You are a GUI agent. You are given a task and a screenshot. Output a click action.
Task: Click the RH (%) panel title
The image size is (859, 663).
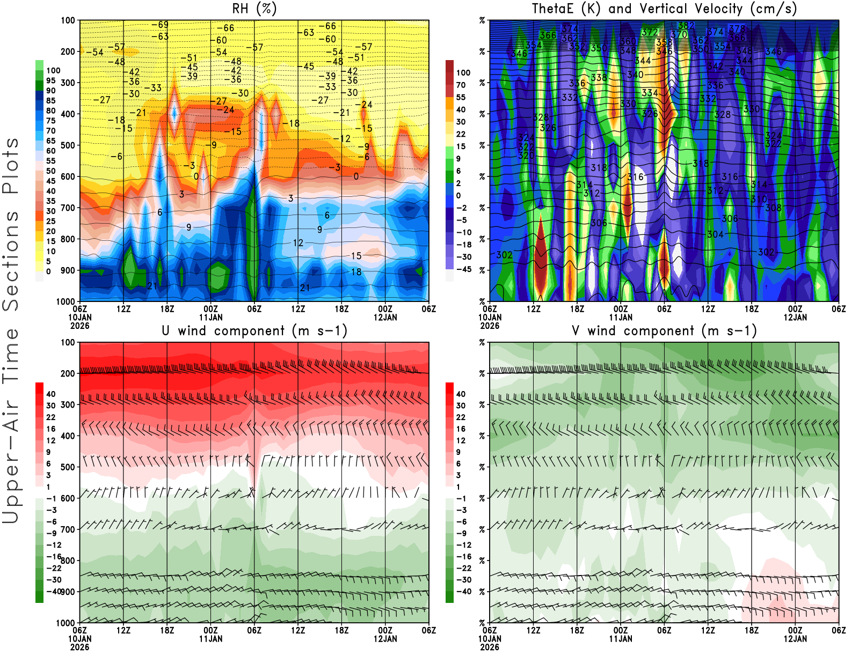254,9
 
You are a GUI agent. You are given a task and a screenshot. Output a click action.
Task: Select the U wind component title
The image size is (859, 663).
254,331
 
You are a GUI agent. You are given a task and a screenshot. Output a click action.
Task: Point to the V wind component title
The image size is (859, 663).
664,331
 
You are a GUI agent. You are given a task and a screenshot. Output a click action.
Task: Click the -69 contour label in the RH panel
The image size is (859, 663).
159,25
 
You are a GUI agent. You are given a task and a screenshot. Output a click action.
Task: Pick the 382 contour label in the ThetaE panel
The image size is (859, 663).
686,25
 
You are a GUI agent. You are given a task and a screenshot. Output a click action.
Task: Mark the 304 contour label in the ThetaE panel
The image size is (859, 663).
715,234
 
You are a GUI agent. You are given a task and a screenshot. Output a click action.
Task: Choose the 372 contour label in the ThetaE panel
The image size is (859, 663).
650,33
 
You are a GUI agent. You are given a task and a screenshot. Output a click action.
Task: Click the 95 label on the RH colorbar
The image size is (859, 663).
50,80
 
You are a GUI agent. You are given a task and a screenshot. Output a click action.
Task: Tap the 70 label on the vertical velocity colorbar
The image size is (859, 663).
461,85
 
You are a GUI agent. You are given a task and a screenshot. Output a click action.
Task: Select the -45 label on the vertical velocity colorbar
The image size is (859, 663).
463,269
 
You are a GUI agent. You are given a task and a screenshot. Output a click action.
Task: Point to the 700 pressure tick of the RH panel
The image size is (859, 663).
68,208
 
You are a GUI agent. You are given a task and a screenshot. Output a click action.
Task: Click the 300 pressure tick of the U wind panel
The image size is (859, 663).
68,404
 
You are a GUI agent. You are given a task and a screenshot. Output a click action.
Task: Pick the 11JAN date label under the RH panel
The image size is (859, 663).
210,317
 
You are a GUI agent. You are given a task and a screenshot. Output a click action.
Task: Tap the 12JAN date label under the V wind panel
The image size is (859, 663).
795,639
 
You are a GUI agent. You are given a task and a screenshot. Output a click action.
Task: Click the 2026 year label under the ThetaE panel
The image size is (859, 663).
490,326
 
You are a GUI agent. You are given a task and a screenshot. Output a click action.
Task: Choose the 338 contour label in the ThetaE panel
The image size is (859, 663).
599,77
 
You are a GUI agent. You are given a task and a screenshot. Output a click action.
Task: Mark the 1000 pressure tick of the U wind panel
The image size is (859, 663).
66,623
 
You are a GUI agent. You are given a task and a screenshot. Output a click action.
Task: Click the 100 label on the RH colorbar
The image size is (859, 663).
53,70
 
